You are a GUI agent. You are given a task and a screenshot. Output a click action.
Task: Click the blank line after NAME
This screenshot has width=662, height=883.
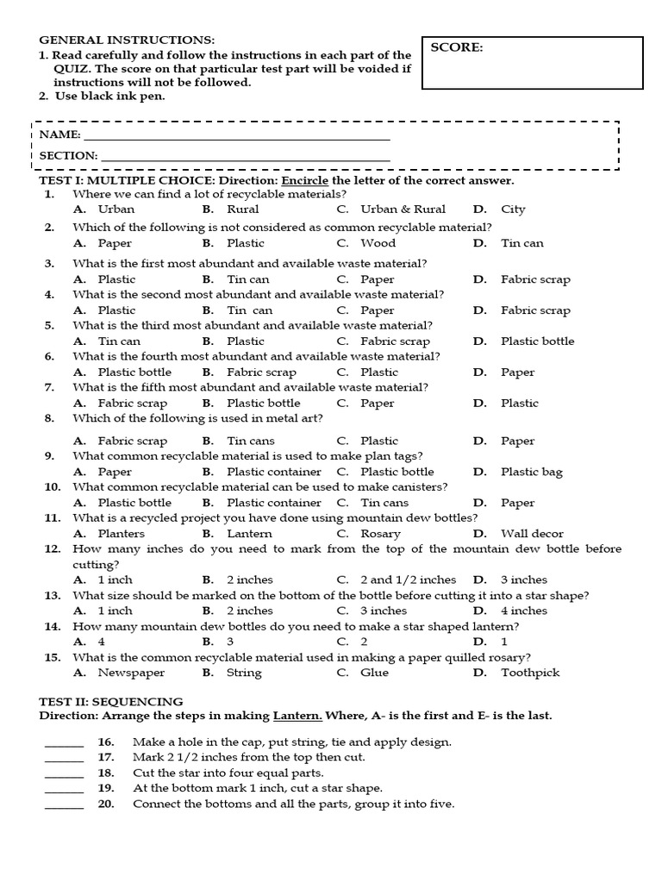(x=236, y=136)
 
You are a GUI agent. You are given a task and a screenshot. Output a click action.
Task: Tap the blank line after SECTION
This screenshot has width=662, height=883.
(x=245, y=157)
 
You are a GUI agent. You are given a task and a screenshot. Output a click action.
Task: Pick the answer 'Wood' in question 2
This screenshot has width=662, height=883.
(x=378, y=243)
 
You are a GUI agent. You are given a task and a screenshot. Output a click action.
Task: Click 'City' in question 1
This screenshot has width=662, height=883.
(x=513, y=210)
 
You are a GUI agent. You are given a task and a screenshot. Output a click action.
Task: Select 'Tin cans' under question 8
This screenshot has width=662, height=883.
(x=252, y=441)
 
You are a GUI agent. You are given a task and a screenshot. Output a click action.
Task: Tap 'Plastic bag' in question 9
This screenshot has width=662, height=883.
(x=531, y=473)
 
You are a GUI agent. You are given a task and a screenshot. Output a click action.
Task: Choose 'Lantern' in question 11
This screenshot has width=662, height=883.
(x=249, y=535)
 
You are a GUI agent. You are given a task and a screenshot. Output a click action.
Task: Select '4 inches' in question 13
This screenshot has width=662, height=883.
(x=524, y=611)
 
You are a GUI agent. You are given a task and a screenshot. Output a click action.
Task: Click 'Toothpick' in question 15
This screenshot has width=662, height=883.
(x=530, y=673)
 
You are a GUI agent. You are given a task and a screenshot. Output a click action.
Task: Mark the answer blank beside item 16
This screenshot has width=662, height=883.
(x=65, y=744)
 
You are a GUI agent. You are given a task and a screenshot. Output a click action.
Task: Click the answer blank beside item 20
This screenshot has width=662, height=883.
(x=65, y=806)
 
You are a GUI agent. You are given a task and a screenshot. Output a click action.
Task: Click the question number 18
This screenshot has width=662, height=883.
(x=106, y=773)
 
